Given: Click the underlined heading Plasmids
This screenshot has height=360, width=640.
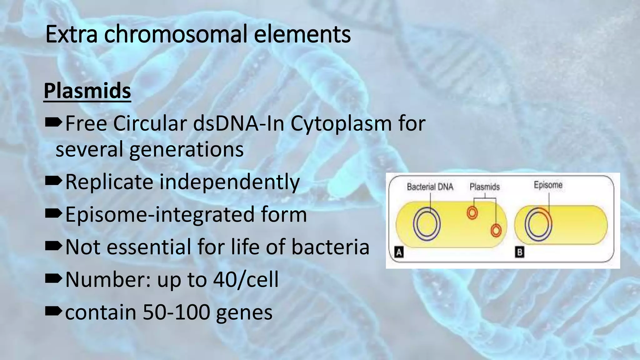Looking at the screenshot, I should [87, 91].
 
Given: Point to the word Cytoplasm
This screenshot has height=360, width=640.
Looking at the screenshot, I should [341, 124].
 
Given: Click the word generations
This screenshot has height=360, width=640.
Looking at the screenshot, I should [186, 149].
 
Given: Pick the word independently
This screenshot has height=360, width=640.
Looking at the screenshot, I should [229, 182].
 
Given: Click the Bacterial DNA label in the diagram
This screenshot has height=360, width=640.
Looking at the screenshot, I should [430, 187].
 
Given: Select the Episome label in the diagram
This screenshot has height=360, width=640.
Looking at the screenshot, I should [548, 185].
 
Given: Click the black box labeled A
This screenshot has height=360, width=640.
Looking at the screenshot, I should [399, 252].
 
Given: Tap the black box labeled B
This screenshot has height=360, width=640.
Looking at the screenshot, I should [519, 252].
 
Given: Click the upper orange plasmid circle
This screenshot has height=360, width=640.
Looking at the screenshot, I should [472, 213].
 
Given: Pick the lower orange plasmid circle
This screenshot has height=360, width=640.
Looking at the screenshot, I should [496, 231].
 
